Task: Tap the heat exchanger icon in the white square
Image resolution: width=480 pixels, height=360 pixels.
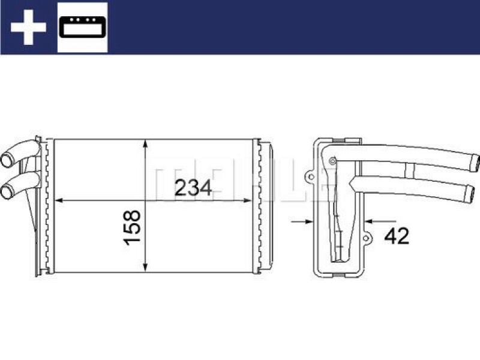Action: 82,27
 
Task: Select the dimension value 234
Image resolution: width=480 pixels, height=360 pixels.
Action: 193,188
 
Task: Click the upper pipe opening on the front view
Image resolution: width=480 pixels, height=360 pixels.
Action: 7,160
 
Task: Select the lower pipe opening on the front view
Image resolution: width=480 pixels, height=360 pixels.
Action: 7,192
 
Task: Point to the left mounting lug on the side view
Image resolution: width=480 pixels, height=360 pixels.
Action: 309,178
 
